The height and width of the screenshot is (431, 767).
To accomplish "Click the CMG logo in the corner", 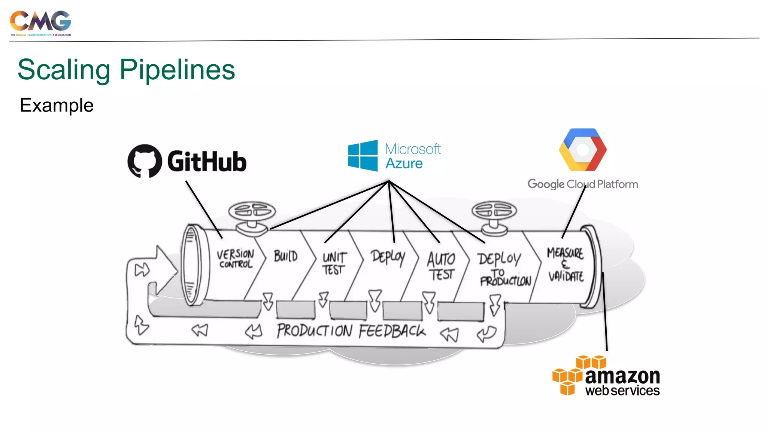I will [40, 22].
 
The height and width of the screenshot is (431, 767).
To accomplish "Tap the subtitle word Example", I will [57, 106].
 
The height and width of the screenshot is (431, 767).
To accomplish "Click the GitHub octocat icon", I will [145, 161].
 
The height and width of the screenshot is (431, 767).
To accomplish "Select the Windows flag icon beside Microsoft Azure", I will [363, 156].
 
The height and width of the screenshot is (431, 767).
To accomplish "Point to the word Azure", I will [404, 164].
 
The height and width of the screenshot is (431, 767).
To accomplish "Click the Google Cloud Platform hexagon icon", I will [582, 150].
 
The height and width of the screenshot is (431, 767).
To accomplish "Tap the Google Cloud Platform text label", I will [582, 184].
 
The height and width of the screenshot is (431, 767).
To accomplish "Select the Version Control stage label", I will [236, 259].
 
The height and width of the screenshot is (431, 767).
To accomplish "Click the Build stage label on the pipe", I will [285, 256].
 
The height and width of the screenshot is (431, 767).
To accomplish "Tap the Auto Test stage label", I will [441, 266].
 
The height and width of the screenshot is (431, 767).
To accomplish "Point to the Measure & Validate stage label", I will [565, 264].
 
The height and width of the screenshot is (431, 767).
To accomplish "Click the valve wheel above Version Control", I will [252, 211].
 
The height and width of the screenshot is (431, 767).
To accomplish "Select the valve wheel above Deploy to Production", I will [494, 210].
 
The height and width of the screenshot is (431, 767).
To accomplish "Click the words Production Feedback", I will [351, 331].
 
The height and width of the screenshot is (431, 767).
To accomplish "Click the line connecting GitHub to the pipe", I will [204, 209].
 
